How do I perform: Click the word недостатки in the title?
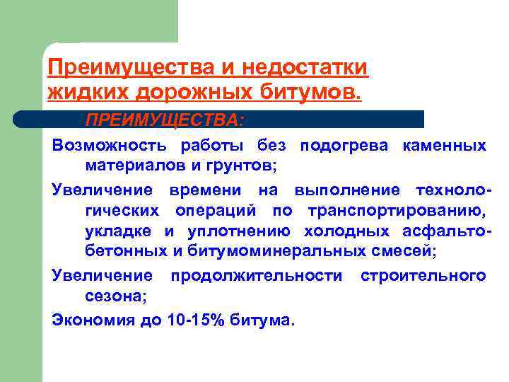coord(306,68)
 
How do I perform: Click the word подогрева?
coord(344,146)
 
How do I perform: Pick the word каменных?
coord(444,146)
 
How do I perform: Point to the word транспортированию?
coord(397,212)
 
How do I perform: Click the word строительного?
coord(423,275)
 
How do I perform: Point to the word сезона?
coord(116,296)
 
